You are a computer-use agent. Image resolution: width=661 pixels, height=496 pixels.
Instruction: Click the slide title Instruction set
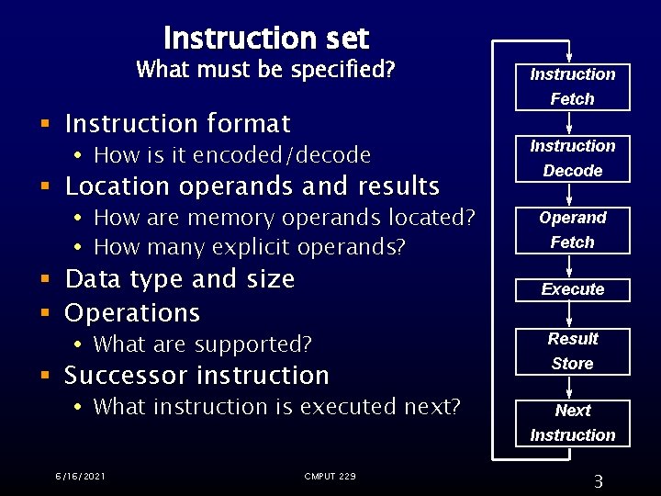(x=265, y=39)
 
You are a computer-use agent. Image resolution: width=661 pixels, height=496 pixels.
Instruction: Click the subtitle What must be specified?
(x=264, y=70)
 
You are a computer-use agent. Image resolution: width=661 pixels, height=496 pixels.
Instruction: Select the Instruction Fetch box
(x=572, y=86)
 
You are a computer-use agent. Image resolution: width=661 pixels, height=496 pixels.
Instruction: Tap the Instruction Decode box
(x=572, y=158)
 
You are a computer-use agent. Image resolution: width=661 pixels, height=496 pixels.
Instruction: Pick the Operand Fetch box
(x=572, y=230)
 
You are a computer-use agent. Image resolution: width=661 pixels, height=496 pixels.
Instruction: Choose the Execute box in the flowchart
(x=572, y=289)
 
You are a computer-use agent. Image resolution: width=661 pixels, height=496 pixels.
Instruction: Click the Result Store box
(x=572, y=351)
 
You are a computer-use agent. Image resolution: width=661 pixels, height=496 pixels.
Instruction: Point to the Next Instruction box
(x=572, y=423)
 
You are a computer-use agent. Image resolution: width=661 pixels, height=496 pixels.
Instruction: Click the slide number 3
(x=598, y=481)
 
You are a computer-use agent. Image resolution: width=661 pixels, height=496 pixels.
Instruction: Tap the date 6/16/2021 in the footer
(x=79, y=476)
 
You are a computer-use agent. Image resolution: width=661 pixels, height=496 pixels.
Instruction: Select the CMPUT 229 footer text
(x=330, y=476)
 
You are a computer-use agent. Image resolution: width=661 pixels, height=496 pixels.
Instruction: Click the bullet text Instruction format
(x=178, y=123)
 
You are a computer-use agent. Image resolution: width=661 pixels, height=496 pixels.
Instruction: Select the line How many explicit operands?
(x=249, y=247)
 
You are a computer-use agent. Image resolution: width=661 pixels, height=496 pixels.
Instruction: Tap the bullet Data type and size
(x=180, y=278)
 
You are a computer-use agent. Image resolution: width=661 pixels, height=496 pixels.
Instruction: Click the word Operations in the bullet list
(x=132, y=312)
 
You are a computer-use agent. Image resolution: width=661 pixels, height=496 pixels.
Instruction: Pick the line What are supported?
(x=202, y=344)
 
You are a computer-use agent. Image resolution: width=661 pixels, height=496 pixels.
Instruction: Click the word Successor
(x=125, y=376)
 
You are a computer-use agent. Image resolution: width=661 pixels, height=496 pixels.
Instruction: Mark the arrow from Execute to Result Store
(x=571, y=315)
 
